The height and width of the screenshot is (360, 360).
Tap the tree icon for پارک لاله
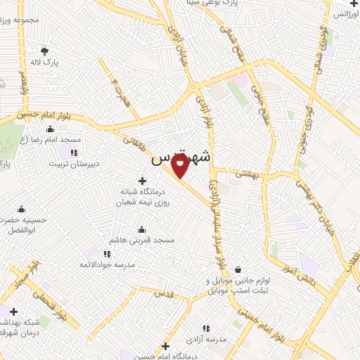[45, 51]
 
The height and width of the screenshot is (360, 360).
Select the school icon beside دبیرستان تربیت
[74, 152]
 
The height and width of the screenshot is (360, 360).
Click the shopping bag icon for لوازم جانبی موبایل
[238, 269]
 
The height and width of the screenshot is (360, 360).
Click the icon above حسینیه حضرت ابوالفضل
[21, 209]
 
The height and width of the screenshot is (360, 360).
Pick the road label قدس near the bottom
[163, 292]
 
